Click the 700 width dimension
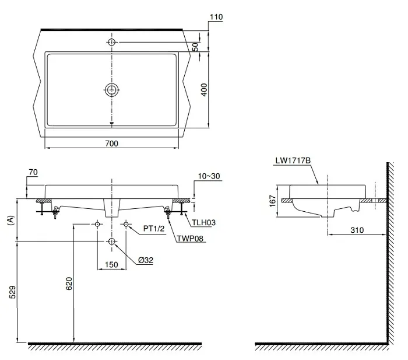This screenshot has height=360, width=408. click(112, 144)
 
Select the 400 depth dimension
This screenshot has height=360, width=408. click(205, 90)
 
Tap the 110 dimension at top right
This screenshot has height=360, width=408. click(216, 18)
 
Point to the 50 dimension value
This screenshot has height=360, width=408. click(205, 47)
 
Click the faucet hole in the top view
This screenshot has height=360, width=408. click(111, 41)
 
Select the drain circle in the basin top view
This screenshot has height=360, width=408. click(111, 89)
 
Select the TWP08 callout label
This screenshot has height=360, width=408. click(192, 239)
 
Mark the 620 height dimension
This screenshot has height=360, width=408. click(69, 284)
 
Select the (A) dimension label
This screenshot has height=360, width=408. click(10, 220)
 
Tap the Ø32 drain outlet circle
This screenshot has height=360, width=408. click(111, 241)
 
